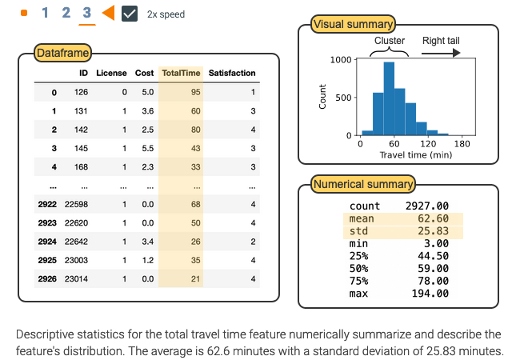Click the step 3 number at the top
[86, 13]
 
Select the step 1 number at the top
[45, 13]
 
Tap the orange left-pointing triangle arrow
[107, 13]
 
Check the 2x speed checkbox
[130, 14]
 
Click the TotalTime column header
[181, 73]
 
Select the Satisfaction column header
[232, 73]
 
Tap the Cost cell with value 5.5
[147, 148]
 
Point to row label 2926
[47, 279]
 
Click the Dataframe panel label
[62, 54]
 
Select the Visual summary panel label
[353, 25]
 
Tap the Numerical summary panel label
[362, 184]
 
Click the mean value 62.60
[433, 218]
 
